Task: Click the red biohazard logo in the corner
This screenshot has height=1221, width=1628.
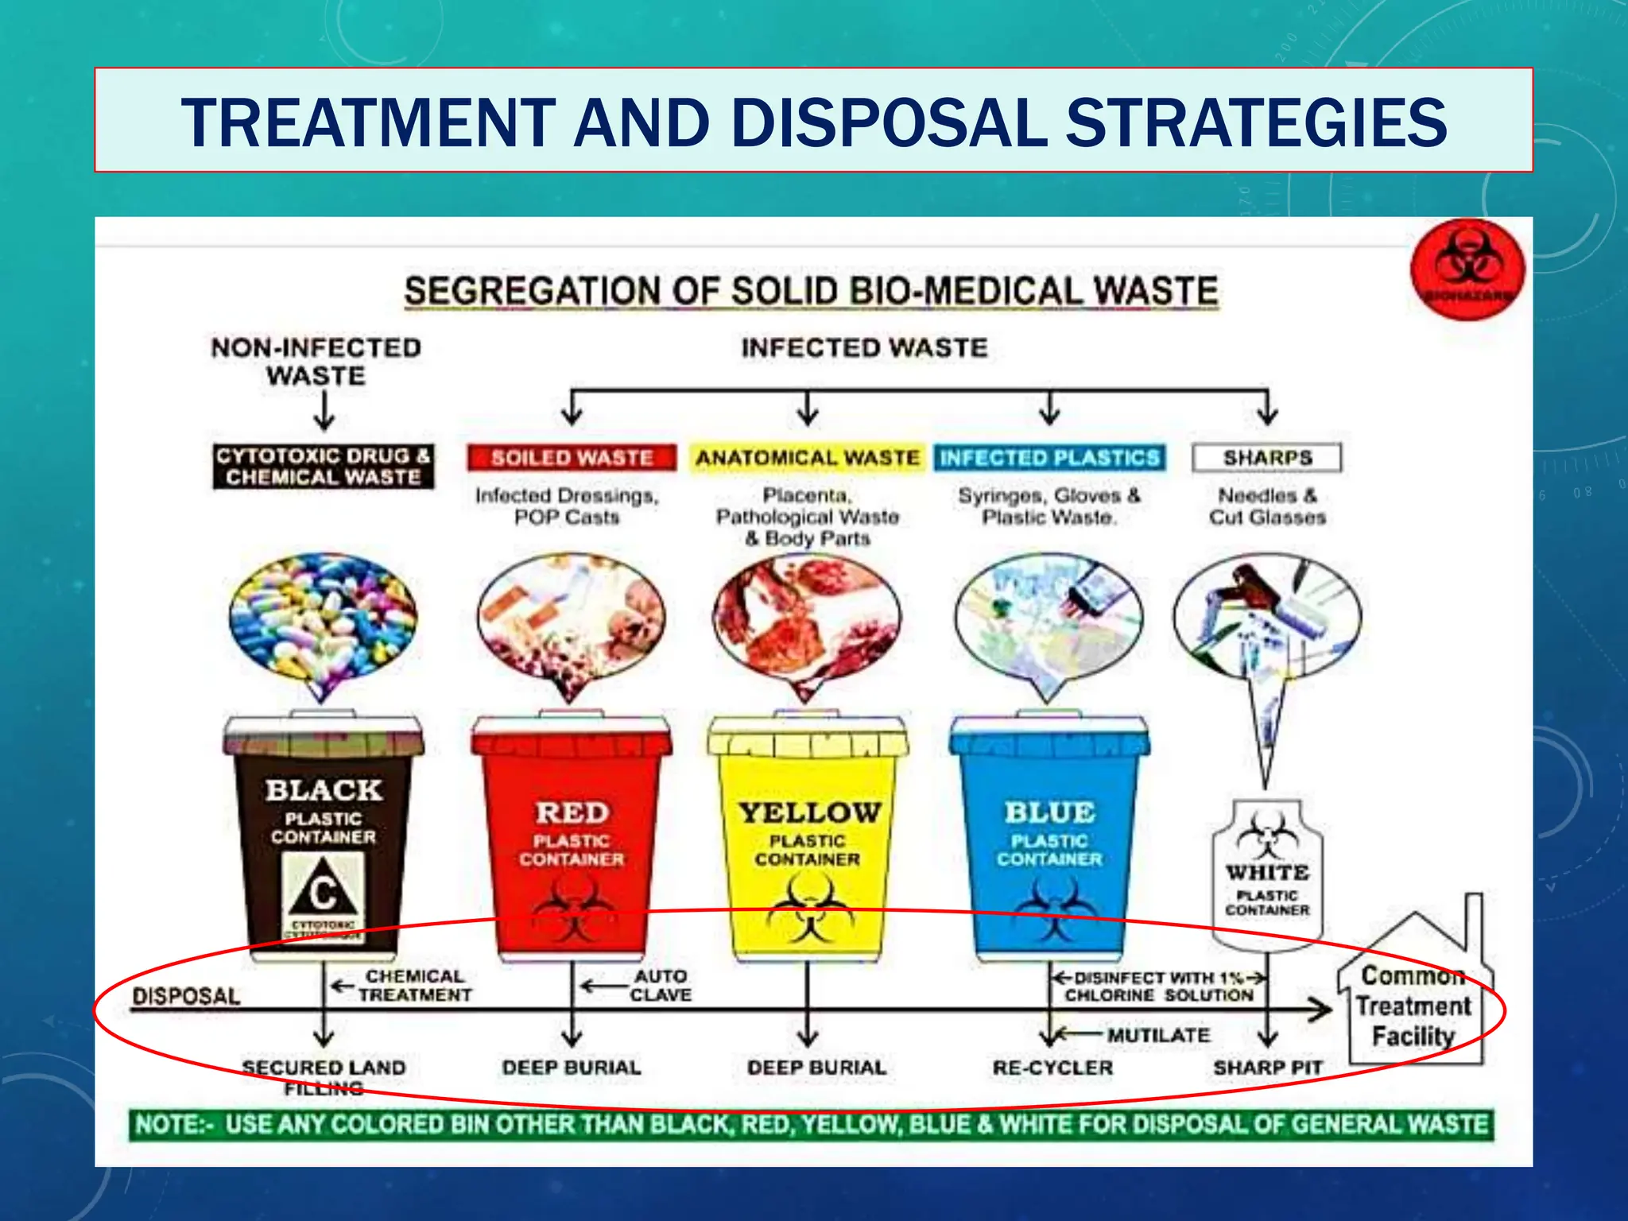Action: pos(1467,269)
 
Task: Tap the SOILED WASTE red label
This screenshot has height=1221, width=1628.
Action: pos(572,458)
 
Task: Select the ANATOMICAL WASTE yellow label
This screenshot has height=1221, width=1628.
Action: pos(808,458)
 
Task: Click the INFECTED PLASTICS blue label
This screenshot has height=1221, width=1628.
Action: pos(1049,458)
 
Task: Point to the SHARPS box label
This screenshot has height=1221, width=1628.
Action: pos(1267,458)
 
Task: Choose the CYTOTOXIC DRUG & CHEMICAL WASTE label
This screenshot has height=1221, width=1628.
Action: pos(323,467)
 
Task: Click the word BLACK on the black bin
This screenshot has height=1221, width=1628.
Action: pos(324,790)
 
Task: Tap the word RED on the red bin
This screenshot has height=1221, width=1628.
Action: pos(572,812)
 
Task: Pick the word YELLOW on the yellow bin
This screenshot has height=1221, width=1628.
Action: pos(809,812)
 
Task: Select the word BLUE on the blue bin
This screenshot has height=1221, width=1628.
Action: pos(1049,812)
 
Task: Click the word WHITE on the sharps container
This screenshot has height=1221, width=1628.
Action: pos(1267,872)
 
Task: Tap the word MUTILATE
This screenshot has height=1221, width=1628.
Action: pos(1158,1035)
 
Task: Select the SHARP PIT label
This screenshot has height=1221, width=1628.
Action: pos(1267,1068)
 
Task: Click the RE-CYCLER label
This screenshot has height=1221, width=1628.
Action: pos(1052,1068)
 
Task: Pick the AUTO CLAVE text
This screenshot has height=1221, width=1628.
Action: pos(660,986)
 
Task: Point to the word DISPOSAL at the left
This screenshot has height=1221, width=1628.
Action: pos(186,997)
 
